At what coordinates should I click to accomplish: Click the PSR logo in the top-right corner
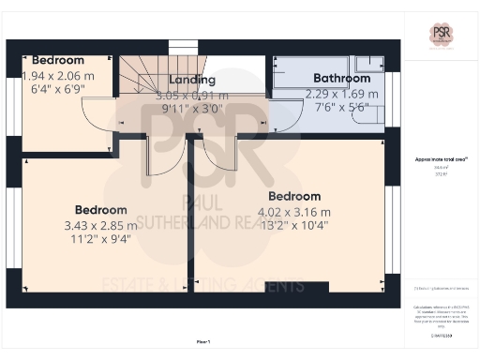(441, 36)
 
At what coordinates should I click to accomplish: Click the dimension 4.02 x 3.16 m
(293, 211)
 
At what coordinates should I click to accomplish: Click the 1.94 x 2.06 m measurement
(58, 76)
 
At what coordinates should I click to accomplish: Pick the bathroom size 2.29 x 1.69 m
(342, 94)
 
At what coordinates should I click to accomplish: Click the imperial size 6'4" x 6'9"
(58, 90)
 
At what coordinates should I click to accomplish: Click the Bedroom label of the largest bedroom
(293, 196)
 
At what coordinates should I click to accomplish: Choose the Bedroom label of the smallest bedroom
(58, 60)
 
